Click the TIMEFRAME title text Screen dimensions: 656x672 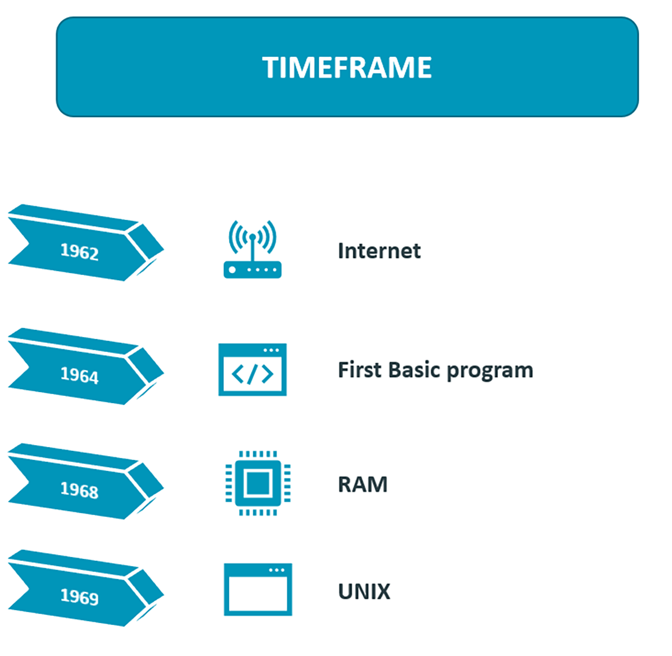pos(347,68)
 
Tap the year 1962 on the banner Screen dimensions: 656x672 pos(80,251)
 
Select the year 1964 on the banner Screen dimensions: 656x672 pos(80,375)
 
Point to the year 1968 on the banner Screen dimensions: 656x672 pos(80,490)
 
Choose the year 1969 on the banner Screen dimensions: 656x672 pos(80,596)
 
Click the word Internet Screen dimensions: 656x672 pos(379,251)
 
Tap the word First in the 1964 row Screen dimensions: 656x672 pos(359,370)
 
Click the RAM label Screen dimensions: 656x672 pos(362,485)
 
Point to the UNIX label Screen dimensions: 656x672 pos(364,592)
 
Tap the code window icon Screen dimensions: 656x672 pos(252,370)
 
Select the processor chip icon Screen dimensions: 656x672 pos(258,483)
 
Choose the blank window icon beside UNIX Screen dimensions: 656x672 pos(258,589)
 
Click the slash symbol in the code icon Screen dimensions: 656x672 pos(253,374)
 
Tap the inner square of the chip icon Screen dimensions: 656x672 pos(258,483)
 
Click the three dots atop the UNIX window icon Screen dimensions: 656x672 pos(276,570)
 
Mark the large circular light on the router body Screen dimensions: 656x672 pos(232,270)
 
